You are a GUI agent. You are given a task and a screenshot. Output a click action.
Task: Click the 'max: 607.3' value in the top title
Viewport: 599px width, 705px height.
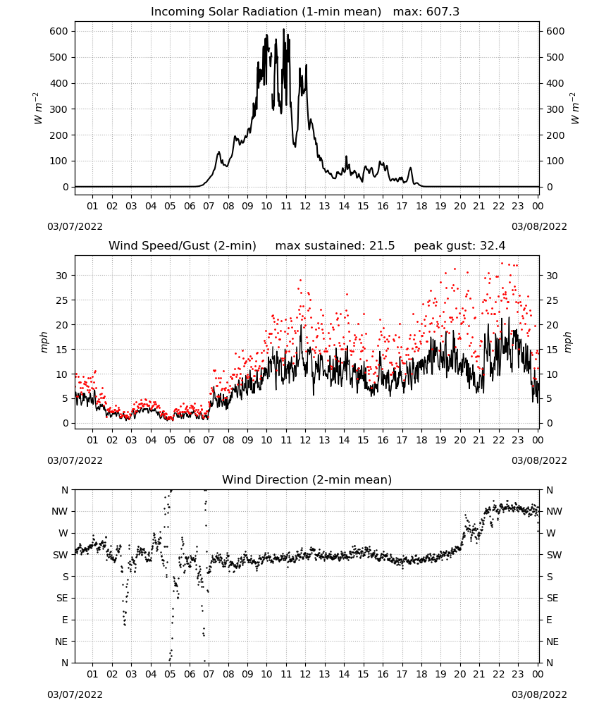click(x=426, y=12)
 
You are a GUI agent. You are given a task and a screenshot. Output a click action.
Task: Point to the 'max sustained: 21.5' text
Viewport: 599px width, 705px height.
click(x=335, y=246)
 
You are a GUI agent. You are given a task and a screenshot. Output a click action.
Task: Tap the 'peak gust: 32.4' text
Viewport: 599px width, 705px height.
click(x=459, y=246)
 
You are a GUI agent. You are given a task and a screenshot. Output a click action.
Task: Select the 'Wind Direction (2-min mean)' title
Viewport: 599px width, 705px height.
click(x=307, y=479)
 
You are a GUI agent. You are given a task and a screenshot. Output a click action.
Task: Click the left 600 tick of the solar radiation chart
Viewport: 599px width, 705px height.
click(x=59, y=32)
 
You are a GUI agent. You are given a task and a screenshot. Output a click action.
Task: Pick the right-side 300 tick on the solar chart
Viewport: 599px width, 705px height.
click(x=555, y=109)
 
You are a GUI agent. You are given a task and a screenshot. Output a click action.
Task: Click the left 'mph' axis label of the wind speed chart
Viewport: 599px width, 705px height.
click(x=44, y=342)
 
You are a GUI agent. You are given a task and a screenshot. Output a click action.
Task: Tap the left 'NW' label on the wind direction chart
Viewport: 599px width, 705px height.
click(x=60, y=512)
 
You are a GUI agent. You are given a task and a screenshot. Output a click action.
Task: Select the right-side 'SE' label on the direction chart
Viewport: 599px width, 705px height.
click(x=552, y=599)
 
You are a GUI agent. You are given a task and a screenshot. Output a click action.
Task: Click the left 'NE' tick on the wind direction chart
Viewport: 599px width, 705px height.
click(x=61, y=642)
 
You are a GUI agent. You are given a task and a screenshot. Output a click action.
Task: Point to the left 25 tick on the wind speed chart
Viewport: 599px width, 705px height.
click(x=62, y=300)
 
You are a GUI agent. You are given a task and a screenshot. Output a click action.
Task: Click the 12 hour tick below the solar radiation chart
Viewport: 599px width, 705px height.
click(x=305, y=207)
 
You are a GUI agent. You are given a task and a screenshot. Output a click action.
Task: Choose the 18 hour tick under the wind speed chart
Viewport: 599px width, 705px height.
click(x=421, y=440)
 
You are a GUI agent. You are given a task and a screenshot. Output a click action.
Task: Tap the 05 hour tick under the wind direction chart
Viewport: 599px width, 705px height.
click(x=170, y=675)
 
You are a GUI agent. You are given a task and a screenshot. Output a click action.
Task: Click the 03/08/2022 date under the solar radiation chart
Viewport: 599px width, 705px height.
click(x=539, y=226)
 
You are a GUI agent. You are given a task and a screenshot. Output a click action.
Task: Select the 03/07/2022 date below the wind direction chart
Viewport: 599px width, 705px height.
click(x=75, y=694)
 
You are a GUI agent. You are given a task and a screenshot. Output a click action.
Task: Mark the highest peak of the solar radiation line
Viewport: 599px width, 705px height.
click(x=283, y=29)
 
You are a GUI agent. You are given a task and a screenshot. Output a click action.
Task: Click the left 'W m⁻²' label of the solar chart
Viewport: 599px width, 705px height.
click(x=39, y=109)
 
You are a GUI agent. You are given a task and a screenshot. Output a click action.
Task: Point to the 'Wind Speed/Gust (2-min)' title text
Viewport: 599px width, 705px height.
click(x=183, y=246)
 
